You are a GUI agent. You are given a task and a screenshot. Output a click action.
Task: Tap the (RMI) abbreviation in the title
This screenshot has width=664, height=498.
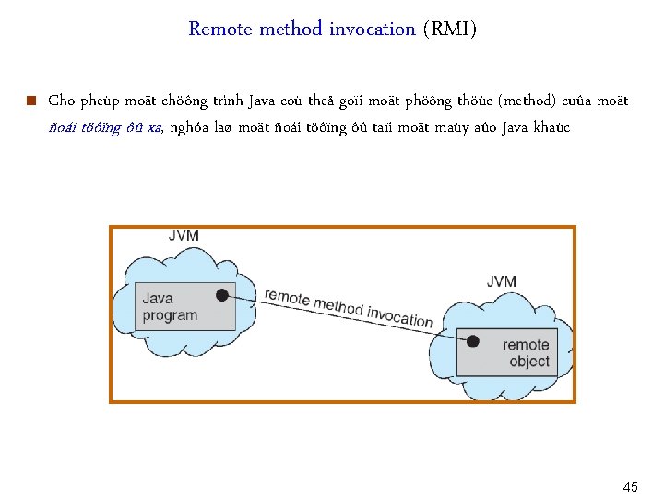tap(450, 29)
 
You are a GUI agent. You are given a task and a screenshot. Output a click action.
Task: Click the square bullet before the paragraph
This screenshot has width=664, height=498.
tap(31, 101)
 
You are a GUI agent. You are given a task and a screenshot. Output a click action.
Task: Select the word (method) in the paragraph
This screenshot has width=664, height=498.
tap(525, 101)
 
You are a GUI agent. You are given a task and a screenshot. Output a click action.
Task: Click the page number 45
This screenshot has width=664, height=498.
tap(631, 486)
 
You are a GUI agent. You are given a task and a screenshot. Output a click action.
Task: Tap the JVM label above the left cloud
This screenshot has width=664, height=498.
tap(184, 236)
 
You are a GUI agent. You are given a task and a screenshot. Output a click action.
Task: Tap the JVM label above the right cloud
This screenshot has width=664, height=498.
tap(501, 281)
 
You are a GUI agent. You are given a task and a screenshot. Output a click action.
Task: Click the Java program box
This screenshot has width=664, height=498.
tap(185, 306)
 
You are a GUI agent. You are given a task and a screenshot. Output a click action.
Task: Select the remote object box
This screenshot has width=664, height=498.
tap(507, 352)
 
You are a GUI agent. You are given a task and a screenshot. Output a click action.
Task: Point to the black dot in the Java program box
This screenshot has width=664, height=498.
tap(221, 295)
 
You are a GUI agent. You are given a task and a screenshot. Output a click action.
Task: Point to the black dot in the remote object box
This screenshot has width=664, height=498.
tap(472, 341)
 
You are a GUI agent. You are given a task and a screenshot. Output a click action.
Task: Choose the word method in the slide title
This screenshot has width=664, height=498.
tap(291, 29)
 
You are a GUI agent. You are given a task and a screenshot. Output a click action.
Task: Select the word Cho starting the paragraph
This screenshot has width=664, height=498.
tap(61, 101)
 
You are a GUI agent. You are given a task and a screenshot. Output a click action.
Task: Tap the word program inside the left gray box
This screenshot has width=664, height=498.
tap(170, 315)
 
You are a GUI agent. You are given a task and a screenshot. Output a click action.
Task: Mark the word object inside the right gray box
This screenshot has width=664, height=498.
tap(529, 362)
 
